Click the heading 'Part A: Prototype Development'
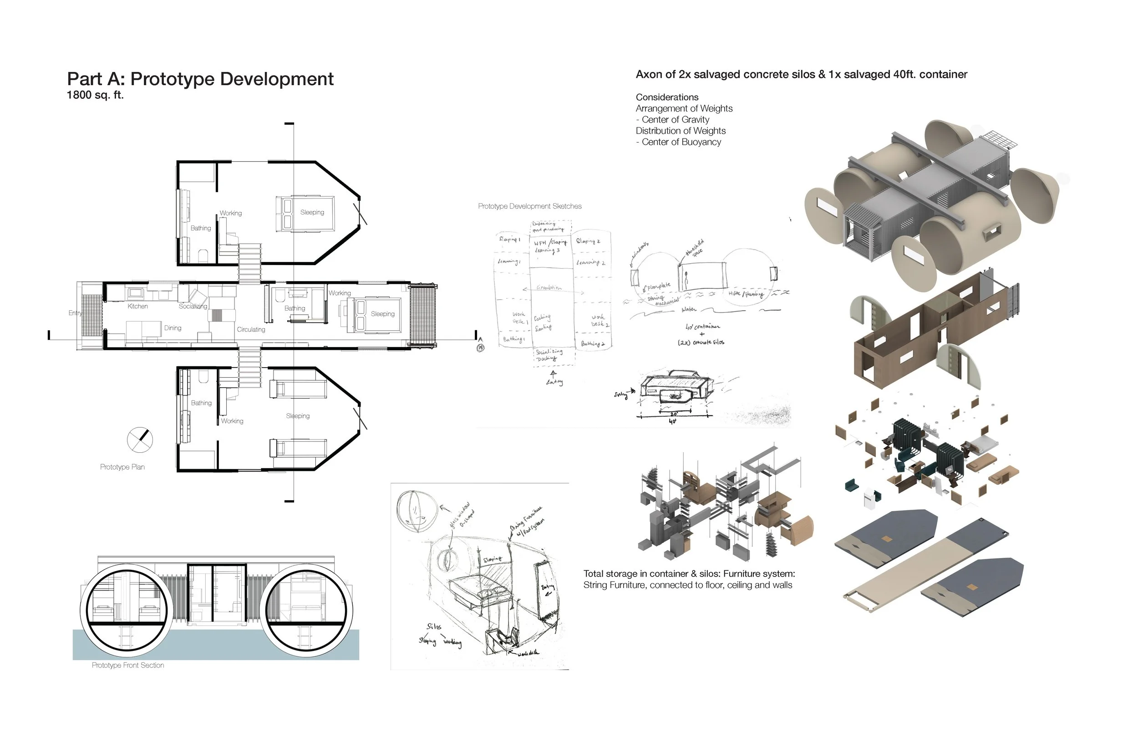click(200, 79)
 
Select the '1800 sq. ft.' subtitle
click(95, 95)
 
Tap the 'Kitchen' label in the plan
click(138, 306)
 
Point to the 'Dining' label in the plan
click(173, 328)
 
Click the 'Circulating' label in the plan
click(251, 329)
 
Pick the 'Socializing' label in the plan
click(193, 306)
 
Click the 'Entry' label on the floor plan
click(75, 313)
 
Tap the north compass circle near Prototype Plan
click(140, 439)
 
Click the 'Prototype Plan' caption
click(122, 467)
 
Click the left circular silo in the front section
click(127, 608)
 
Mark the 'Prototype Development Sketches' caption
click(530, 206)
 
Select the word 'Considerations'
click(667, 97)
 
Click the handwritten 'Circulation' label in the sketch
click(549, 287)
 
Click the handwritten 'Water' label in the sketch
click(689, 310)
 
